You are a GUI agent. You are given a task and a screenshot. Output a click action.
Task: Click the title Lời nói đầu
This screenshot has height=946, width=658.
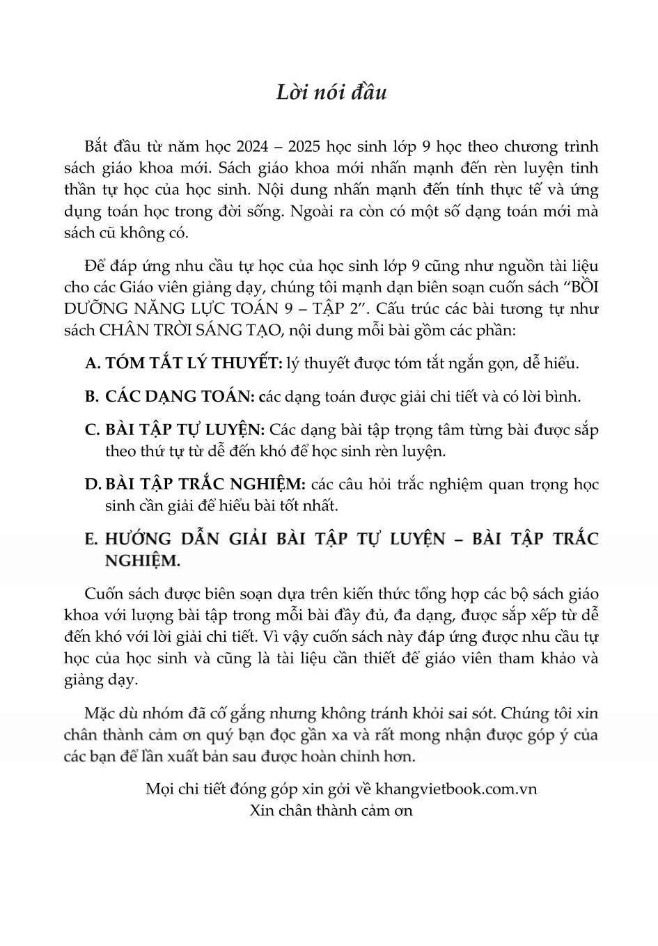(331, 93)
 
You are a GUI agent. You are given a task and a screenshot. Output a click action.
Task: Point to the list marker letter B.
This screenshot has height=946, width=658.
(92, 397)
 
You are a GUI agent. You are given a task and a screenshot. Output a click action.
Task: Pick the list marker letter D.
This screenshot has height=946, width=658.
(93, 484)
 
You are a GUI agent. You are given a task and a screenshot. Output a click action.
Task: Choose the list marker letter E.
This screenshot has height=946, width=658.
(91, 539)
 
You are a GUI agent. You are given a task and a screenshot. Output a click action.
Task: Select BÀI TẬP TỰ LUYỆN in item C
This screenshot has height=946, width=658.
(185, 430)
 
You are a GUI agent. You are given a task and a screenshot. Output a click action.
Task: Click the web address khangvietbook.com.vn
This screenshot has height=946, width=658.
(456, 789)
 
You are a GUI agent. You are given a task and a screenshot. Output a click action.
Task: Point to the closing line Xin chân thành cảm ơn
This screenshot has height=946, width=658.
(331, 810)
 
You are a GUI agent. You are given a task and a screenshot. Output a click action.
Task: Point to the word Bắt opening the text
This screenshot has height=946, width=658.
(96, 147)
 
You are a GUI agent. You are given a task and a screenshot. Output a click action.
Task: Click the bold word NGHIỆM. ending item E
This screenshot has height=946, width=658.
(142, 560)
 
